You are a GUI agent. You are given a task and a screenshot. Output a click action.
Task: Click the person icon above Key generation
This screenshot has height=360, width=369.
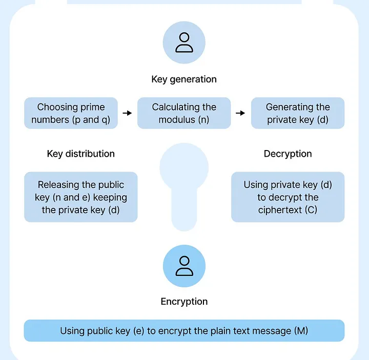click(184, 43)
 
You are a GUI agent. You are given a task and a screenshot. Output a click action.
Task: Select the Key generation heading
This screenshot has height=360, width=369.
click(184, 79)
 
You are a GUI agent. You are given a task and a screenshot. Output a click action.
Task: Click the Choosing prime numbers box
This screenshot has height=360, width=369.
click(71, 113)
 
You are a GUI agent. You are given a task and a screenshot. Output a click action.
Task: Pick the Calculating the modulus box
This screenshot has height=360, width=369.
click(184, 113)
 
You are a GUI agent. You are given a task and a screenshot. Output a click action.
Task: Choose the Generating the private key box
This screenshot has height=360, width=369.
click(297, 113)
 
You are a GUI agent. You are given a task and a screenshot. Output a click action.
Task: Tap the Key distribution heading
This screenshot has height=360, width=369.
click(80, 154)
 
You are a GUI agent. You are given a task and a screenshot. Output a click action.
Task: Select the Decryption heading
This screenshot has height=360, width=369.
click(288, 154)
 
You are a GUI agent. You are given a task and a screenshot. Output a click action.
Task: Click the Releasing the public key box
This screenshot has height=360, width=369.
click(80, 197)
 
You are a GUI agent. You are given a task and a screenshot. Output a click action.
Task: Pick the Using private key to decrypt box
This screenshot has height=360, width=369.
click(288, 197)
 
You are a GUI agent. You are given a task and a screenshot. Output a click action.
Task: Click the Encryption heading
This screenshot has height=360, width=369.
click(184, 302)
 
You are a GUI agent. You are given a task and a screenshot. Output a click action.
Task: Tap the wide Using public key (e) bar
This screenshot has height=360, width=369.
click(184, 331)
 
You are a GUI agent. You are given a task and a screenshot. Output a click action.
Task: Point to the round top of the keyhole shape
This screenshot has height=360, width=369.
click(184, 166)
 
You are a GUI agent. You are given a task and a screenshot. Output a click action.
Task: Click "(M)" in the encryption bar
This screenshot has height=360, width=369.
click(301, 331)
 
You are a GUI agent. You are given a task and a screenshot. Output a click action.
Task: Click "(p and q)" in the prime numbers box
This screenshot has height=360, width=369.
click(93, 120)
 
